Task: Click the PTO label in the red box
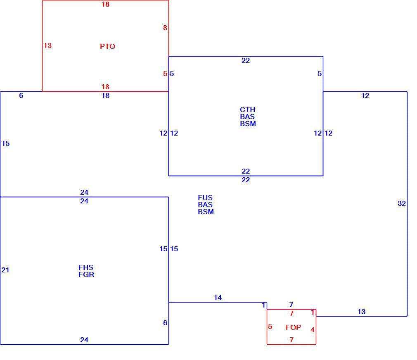(x=107, y=46)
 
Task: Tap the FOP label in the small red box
(x=293, y=327)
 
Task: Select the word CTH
(x=247, y=110)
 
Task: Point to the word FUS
(x=205, y=198)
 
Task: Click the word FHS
(x=86, y=267)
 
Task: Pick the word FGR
(x=86, y=274)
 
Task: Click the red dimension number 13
(x=47, y=45)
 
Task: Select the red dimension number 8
(x=165, y=28)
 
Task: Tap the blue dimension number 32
(x=402, y=203)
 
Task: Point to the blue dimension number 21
(x=5, y=270)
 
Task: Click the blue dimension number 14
(x=218, y=298)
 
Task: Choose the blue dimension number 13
(x=361, y=312)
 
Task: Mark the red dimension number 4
(x=313, y=330)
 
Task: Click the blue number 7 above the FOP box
(x=291, y=304)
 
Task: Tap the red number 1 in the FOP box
(x=313, y=312)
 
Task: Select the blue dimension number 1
(x=263, y=305)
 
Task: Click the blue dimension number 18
(x=105, y=95)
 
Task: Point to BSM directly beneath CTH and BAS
(x=248, y=124)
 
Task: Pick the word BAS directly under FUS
(x=205, y=205)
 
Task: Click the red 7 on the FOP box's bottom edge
(x=291, y=340)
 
